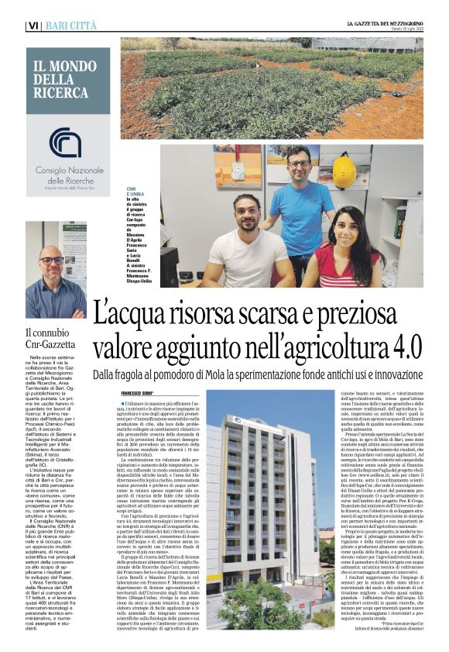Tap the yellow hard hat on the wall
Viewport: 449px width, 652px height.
pyautogui.click(x=344, y=170)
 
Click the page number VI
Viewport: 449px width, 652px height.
pyautogui.click(x=33, y=26)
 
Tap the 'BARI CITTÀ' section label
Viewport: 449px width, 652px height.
pyautogui.click(x=71, y=26)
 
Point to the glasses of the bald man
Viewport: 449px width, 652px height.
pyautogui.click(x=52, y=261)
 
